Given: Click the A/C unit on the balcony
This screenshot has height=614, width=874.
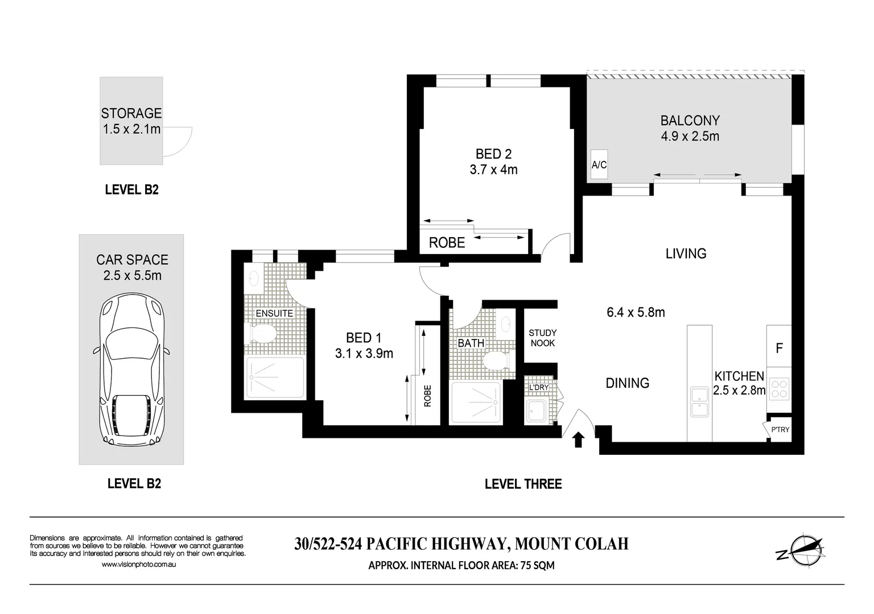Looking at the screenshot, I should point(599,165).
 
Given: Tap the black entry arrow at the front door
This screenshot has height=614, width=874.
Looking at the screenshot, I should point(578,439).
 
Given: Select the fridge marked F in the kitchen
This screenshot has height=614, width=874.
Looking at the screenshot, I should point(779,347).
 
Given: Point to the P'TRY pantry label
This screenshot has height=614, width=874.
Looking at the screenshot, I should point(780,429).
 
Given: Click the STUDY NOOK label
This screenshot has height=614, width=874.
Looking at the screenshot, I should point(542,338).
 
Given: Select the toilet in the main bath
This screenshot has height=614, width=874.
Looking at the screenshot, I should point(495,360).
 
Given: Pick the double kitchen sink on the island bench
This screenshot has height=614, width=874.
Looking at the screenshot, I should point(699,402).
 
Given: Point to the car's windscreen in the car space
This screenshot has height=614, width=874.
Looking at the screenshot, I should point(131,342).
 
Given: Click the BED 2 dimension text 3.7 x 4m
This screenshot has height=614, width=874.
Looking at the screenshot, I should point(493,169).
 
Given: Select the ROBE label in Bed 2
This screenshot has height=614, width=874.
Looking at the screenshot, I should point(447,243).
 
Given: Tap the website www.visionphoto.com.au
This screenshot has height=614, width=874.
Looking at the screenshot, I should point(139,565).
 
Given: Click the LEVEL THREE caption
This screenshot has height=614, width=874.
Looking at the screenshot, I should point(523,484).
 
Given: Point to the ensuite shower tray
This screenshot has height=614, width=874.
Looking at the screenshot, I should point(274,378).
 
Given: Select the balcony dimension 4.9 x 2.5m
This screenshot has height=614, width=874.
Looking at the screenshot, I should point(690,136).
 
